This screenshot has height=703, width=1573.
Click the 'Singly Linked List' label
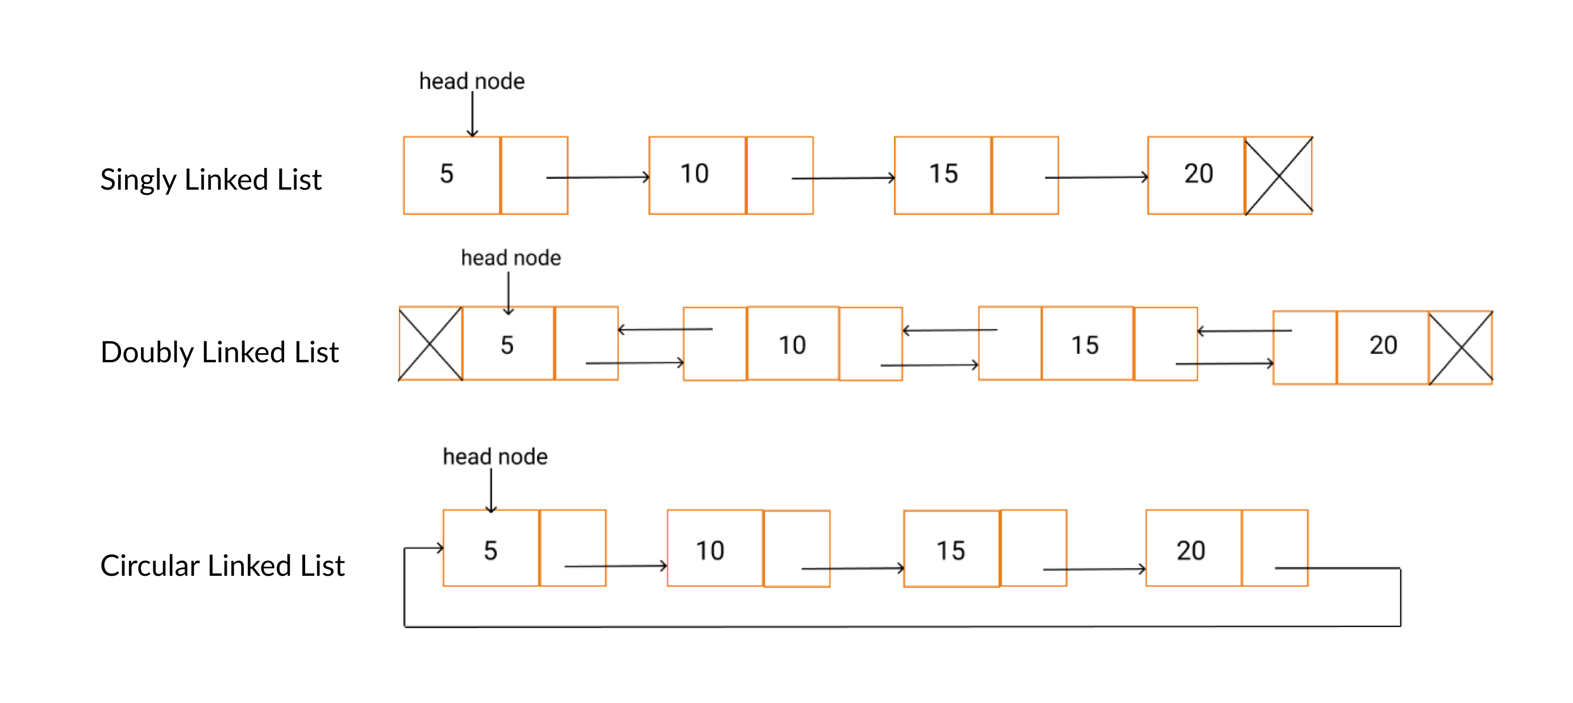[211, 179]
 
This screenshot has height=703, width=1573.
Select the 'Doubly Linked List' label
[219, 352]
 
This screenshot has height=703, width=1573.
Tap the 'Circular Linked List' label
[222, 566]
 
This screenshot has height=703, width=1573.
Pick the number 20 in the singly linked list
[1198, 174]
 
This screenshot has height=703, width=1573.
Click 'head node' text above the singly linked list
[472, 81]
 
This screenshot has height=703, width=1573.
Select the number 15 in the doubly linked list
[1084, 345]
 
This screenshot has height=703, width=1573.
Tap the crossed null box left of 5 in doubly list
[431, 344]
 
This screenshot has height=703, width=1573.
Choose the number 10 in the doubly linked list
[792, 345]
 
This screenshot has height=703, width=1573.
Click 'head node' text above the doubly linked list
[510, 258]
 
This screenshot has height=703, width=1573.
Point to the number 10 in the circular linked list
[710, 551]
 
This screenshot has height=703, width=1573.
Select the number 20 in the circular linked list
[1191, 551]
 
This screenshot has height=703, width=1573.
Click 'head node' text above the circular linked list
[494, 457]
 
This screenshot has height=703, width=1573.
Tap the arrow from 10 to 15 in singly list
[843, 178]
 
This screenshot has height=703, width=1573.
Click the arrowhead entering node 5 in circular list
[439, 548]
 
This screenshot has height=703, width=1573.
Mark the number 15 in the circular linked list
[950, 551]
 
